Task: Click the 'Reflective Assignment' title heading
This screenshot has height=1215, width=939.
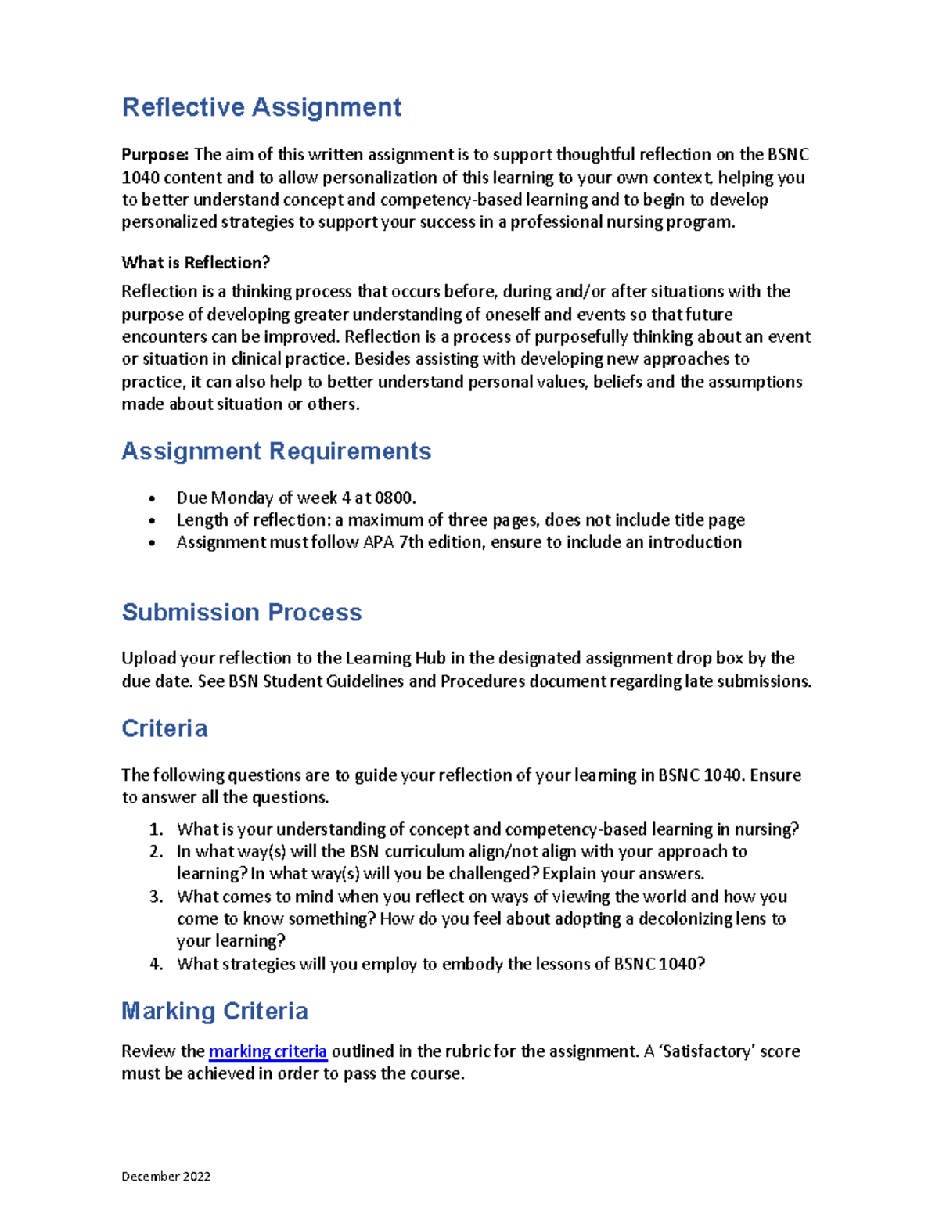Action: pos(261,107)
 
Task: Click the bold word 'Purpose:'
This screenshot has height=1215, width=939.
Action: pos(155,155)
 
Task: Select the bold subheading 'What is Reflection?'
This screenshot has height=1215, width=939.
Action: pos(196,263)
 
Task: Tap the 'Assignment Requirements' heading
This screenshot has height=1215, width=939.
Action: pos(276,451)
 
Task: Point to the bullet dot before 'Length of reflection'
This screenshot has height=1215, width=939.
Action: pos(153,521)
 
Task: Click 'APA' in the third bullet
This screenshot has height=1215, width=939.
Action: pos(379,542)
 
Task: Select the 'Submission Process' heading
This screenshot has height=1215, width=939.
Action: pos(242,613)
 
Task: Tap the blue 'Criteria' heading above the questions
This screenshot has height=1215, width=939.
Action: pos(164,729)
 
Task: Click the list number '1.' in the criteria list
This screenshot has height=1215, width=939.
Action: pos(156,829)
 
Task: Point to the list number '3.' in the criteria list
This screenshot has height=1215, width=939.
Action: pos(156,897)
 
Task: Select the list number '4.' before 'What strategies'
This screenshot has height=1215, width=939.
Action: pos(156,965)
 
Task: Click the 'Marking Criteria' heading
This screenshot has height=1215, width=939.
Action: pos(214,1012)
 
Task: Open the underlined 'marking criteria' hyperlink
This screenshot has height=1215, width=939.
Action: pos(268,1051)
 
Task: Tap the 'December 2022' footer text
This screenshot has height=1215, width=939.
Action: pos(166,1176)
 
